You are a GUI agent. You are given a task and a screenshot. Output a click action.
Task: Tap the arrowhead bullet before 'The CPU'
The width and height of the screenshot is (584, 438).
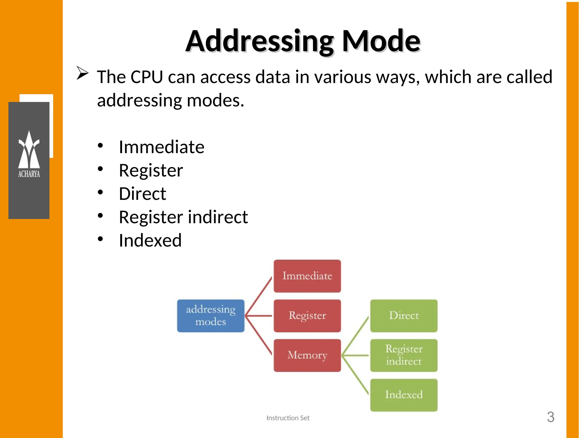[x=82, y=73]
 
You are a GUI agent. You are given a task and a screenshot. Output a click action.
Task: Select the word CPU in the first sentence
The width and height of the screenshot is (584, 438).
[x=147, y=77]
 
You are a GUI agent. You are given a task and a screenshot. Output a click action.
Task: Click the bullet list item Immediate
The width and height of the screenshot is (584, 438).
[x=161, y=147]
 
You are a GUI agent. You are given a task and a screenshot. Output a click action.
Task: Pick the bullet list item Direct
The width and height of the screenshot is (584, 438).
[x=142, y=194]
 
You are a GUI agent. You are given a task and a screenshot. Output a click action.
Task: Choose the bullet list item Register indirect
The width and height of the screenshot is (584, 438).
[x=183, y=217]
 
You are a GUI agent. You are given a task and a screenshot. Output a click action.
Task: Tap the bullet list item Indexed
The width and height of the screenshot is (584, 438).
[x=150, y=241]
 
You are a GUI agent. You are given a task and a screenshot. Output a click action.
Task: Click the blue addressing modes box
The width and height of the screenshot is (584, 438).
[x=210, y=316]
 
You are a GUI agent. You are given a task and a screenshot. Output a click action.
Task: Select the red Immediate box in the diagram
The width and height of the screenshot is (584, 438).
[x=307, y=276]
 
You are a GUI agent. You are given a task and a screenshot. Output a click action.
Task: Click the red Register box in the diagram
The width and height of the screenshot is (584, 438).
[x=307, y=316]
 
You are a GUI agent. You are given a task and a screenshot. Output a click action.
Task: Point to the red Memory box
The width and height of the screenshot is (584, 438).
[x=307, y=355]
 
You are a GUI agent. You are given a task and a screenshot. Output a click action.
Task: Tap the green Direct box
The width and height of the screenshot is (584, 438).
[x=403, y=316]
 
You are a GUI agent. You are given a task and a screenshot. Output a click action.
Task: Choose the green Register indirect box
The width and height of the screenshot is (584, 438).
[x=403, y=355]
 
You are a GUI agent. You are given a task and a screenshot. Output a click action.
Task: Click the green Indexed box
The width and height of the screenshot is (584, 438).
[x=403, y=395]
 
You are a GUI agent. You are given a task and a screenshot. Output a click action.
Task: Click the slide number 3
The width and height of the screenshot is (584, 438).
[x=550, y=417]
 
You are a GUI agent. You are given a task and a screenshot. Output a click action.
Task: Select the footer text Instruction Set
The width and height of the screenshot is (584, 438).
[x=288, y=418]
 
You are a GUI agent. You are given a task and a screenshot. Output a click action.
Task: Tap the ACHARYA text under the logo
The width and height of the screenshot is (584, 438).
[x=29, y=174]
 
